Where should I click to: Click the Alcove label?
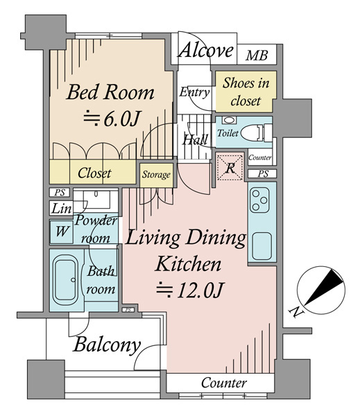tap(206, 50)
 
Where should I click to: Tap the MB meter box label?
tap(257, 55)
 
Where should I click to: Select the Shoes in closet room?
tap(246, 92)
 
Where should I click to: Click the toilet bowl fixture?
tap(256, 132)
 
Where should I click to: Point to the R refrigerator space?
tap(230, 167)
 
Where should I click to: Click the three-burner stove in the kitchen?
tap(259, 200)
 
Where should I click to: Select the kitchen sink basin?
tap(262, 246)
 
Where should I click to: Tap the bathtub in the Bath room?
tap(66, 280)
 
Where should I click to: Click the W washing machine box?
tap(61, 232)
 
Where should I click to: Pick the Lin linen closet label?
tap(61, 209)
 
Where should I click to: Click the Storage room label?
tap(156, 175)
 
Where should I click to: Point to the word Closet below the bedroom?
tap(94, 173)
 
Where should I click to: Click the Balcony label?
tap(107, 345)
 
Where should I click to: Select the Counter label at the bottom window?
tap(224, 383)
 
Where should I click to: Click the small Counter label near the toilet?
tap(260, 157)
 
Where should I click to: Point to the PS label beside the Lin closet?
tap(60, 192)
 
